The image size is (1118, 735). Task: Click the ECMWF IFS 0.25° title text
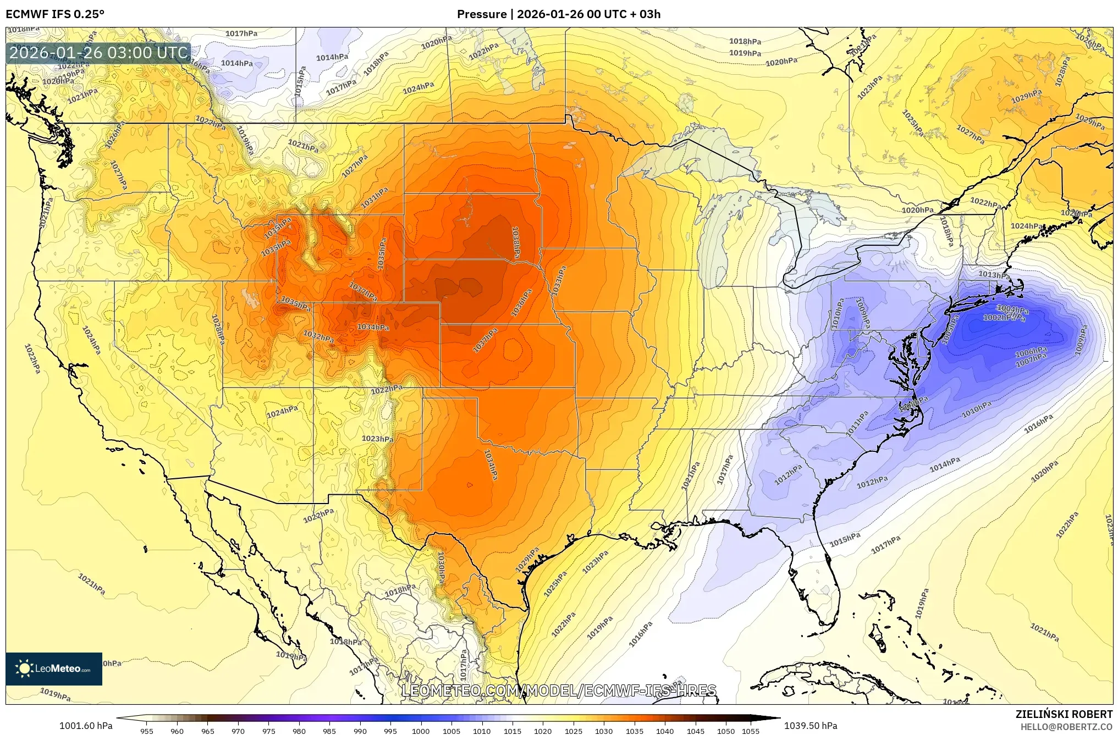55,14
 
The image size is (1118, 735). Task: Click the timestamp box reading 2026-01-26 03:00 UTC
99,53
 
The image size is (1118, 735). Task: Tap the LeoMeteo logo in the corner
54,668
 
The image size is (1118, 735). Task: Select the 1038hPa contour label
516,242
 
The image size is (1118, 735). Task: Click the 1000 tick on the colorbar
421,731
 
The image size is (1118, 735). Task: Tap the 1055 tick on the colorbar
750,731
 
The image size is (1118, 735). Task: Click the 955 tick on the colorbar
146,731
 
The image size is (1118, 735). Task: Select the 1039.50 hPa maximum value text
811,726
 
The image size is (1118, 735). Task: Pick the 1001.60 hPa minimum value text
86,726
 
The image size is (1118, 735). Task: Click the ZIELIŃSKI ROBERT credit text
1064,714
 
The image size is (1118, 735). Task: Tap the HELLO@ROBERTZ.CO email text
1066,727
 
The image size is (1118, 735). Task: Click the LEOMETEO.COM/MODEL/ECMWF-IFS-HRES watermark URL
559,690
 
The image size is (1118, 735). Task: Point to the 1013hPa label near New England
993,274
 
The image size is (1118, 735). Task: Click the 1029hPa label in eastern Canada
1026,97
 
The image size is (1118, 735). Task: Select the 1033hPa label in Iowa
559,280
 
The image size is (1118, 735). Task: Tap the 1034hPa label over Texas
491,465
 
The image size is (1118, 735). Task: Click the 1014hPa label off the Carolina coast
945,465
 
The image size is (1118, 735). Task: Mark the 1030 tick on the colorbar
603,731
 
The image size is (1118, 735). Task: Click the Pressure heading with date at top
559,14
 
